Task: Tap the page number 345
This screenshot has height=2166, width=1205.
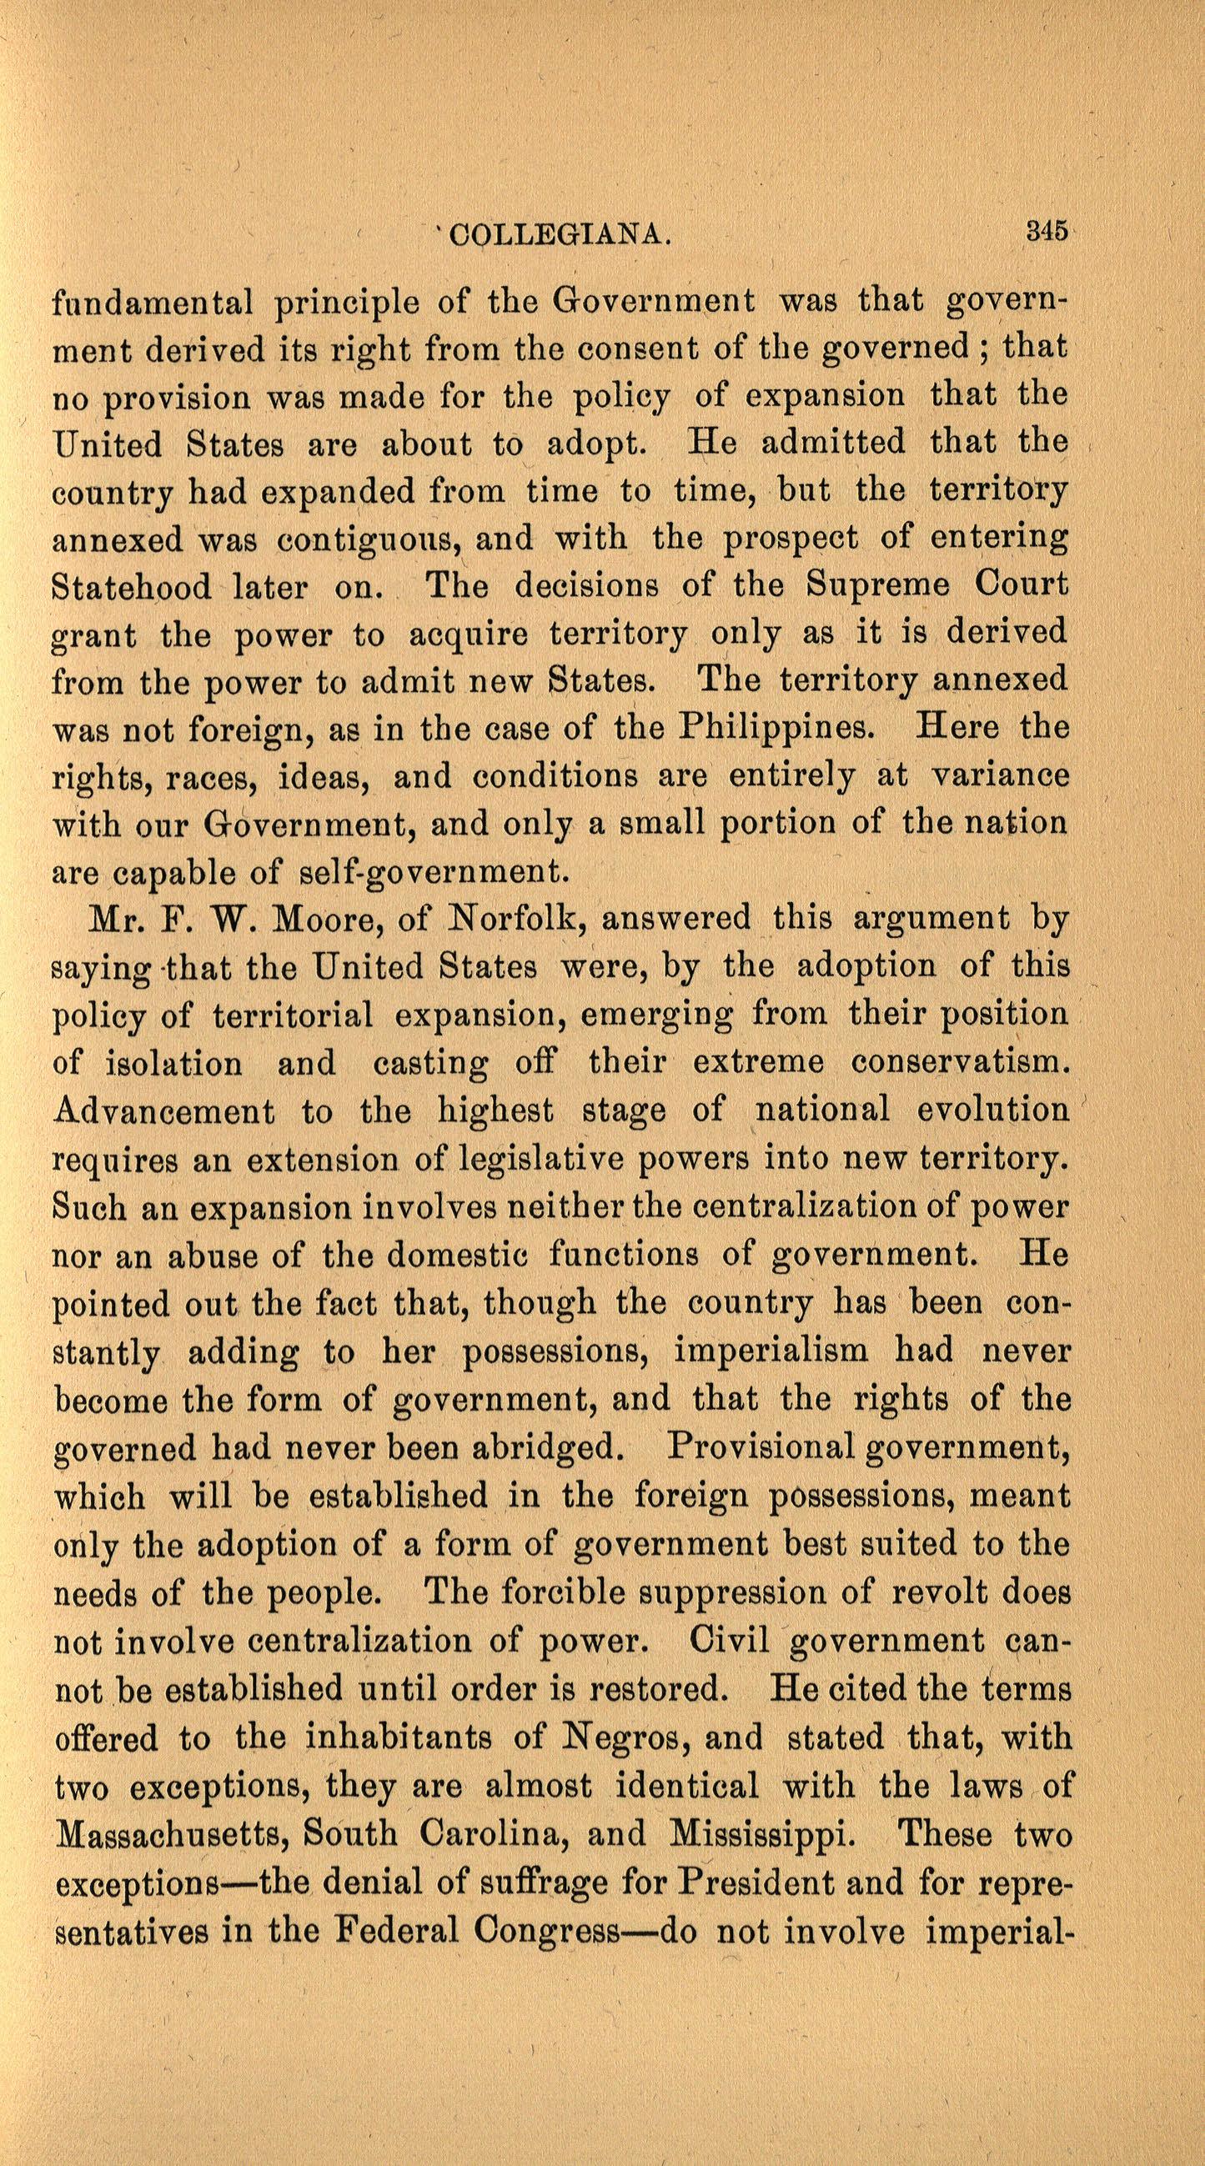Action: click(x=1045, y=230)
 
